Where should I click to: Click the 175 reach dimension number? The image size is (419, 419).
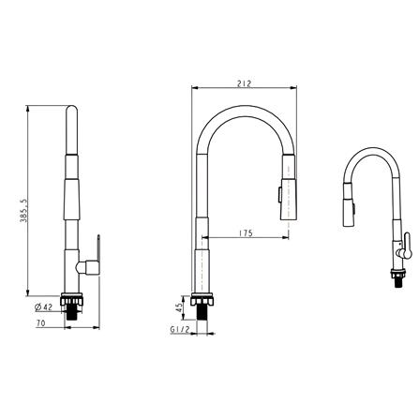246,232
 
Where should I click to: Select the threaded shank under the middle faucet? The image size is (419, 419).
202,307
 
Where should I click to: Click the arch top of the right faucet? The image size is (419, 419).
372,150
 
